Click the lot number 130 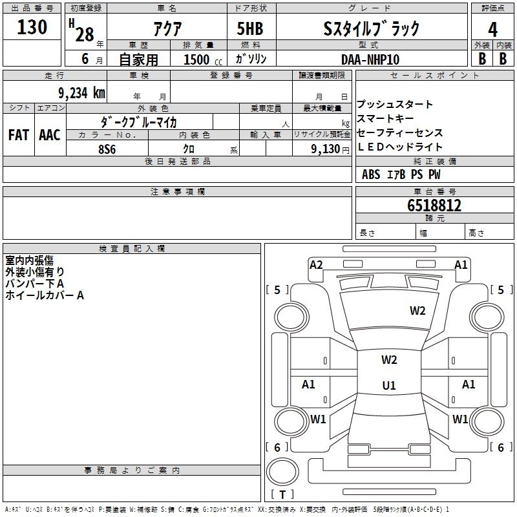point(32,27)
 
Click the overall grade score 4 point(492,28)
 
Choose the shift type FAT point(18,135)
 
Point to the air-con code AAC point(50,135)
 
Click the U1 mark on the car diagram point(389,385)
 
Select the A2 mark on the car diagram point(316,264)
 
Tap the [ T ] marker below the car point(282,495)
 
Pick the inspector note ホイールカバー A point(45,295)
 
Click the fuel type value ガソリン point(251,59)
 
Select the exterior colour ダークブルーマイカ point(139,121)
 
